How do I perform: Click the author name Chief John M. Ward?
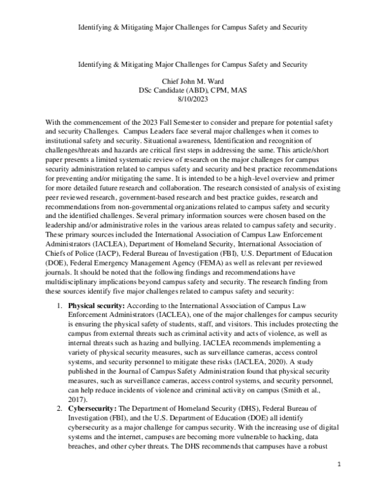click(x=192, y=82)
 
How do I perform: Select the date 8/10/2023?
click(x=192, y=100)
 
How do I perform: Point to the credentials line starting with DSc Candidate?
click(x=192, y=91)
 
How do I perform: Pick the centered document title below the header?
click(x=192, y=64)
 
